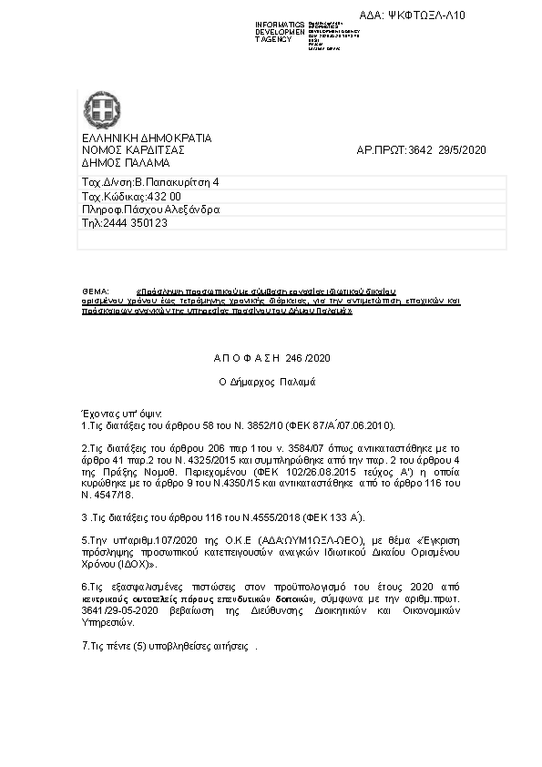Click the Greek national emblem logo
[x=98, y=109]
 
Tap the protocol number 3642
[x=421, y=150]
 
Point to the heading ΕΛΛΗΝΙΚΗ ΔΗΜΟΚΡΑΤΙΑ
[x=147, y=138]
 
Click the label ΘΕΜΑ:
[x=95, y=289]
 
